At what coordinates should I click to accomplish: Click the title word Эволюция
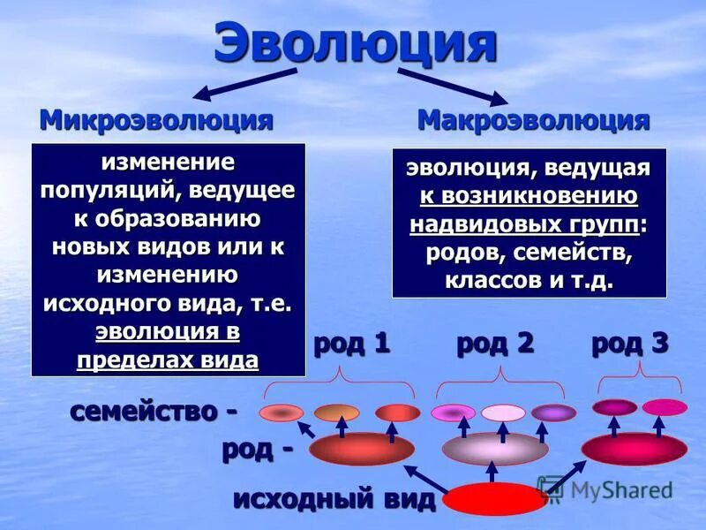click(355, 44)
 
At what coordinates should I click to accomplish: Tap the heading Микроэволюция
click(155, 119)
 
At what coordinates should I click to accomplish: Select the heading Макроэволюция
click(533, 119)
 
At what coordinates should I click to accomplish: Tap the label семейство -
click(154, 411)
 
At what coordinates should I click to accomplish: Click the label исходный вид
click(334, 499)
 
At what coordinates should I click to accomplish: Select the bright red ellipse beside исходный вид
click(494, 499)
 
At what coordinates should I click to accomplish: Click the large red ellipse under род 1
click(361, 450)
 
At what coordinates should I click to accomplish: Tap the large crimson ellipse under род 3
click(634, 449)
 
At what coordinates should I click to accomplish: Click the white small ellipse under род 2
click(502, 413)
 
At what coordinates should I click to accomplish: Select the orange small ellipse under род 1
click(336, 413)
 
